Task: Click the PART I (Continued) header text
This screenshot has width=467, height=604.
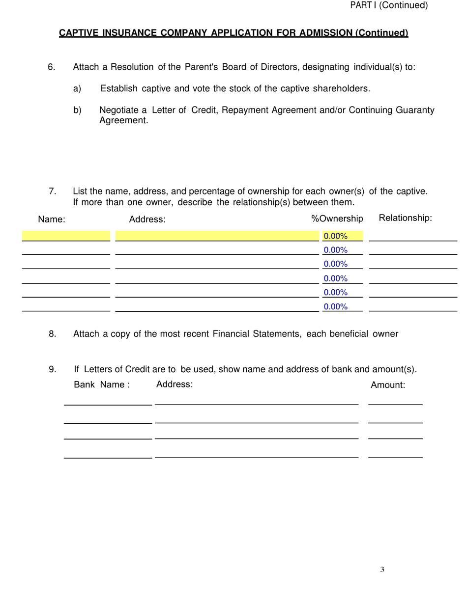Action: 388,5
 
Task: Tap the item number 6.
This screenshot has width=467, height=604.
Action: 52,67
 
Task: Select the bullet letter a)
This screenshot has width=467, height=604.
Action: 77,89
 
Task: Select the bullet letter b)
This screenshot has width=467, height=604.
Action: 77,110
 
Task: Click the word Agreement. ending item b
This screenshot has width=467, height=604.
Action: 123,121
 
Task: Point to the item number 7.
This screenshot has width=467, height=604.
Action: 53,192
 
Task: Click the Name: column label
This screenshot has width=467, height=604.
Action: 52,220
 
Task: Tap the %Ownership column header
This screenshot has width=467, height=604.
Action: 337,219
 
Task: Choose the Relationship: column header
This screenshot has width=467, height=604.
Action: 406,218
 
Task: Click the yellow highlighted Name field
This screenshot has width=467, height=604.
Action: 66,236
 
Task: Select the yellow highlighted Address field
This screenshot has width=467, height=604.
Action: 217,236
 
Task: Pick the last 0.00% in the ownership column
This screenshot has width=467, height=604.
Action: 336,307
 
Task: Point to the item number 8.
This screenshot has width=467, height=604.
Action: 53,334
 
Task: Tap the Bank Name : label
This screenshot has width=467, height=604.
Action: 102,385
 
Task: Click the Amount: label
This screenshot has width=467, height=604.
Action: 388,385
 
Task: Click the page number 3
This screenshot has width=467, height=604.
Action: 382,570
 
